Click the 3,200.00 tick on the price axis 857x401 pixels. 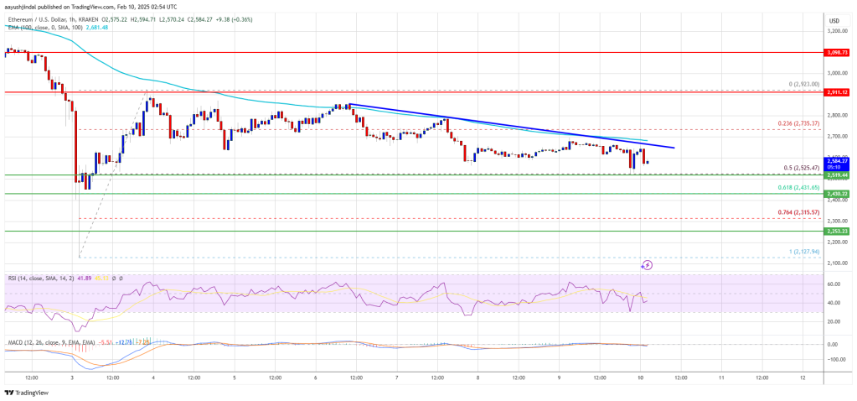[833, 30]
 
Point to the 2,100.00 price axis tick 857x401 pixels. [833, 263]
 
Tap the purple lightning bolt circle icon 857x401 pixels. [647, 265]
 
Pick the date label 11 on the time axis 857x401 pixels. [721, 377]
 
